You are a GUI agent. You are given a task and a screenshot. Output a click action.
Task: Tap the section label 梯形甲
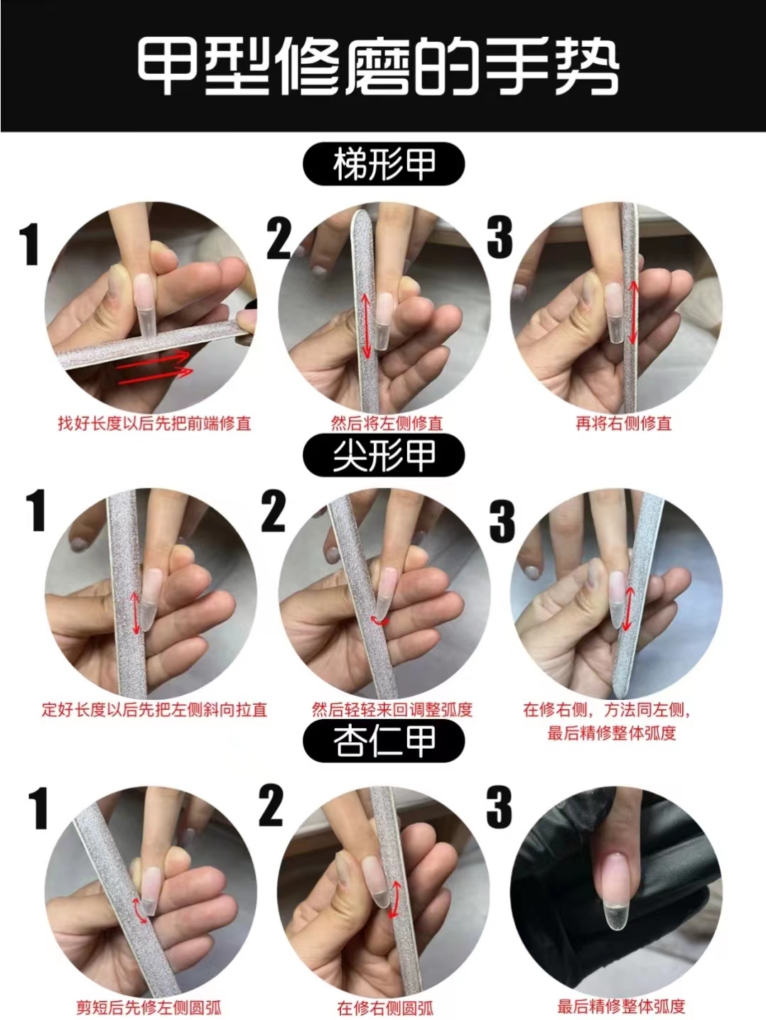tap(384, 165)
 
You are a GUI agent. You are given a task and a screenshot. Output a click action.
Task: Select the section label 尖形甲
tap(384, 455)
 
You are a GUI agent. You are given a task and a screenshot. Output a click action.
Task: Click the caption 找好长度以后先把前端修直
tap(154, 424)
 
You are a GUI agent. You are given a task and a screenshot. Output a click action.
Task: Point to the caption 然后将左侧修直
tap(387, 424)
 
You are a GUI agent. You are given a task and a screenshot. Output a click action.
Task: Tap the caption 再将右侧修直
tap(623, 424)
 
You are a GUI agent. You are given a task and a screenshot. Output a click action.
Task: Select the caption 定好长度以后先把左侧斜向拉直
tap(154, 709)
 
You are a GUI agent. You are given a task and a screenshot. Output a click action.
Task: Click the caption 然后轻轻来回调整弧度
tap(392, 709)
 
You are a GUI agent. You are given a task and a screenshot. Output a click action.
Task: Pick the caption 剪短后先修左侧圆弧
tap(149, 1007)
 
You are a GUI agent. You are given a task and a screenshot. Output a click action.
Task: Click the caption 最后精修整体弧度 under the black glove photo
tap(621, 1006)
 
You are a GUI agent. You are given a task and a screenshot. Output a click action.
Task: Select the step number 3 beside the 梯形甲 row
tap(500, 238)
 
